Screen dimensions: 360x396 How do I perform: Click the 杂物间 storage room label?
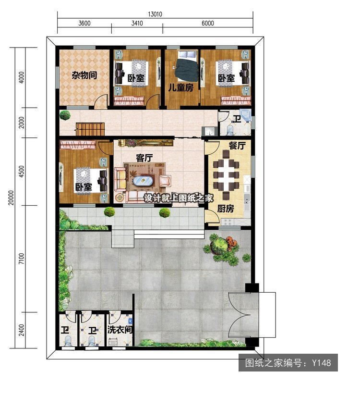point(84,75)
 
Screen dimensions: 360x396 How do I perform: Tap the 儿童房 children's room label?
point(181,87)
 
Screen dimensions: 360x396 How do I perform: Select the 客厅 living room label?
point(144,158)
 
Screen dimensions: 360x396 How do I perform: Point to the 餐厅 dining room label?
point(237,146)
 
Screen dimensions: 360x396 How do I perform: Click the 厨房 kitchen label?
point(226,209)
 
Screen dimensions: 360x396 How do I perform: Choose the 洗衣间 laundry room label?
point(120,330)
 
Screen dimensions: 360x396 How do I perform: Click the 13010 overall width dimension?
point(155,14)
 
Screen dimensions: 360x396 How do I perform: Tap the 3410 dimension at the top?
point(137,23)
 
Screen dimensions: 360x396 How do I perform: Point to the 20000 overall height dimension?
point(11,198)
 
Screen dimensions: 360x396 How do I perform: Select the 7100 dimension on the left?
point(22,259)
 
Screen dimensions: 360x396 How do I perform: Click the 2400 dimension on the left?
point(22,330)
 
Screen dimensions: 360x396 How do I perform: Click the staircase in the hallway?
point(91,129)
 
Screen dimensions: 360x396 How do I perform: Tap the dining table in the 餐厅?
point(226,175)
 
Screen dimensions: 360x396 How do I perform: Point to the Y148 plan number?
point(321,363)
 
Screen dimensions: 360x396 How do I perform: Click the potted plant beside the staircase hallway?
point(65,115)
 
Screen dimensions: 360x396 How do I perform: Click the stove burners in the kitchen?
point(227,222)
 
